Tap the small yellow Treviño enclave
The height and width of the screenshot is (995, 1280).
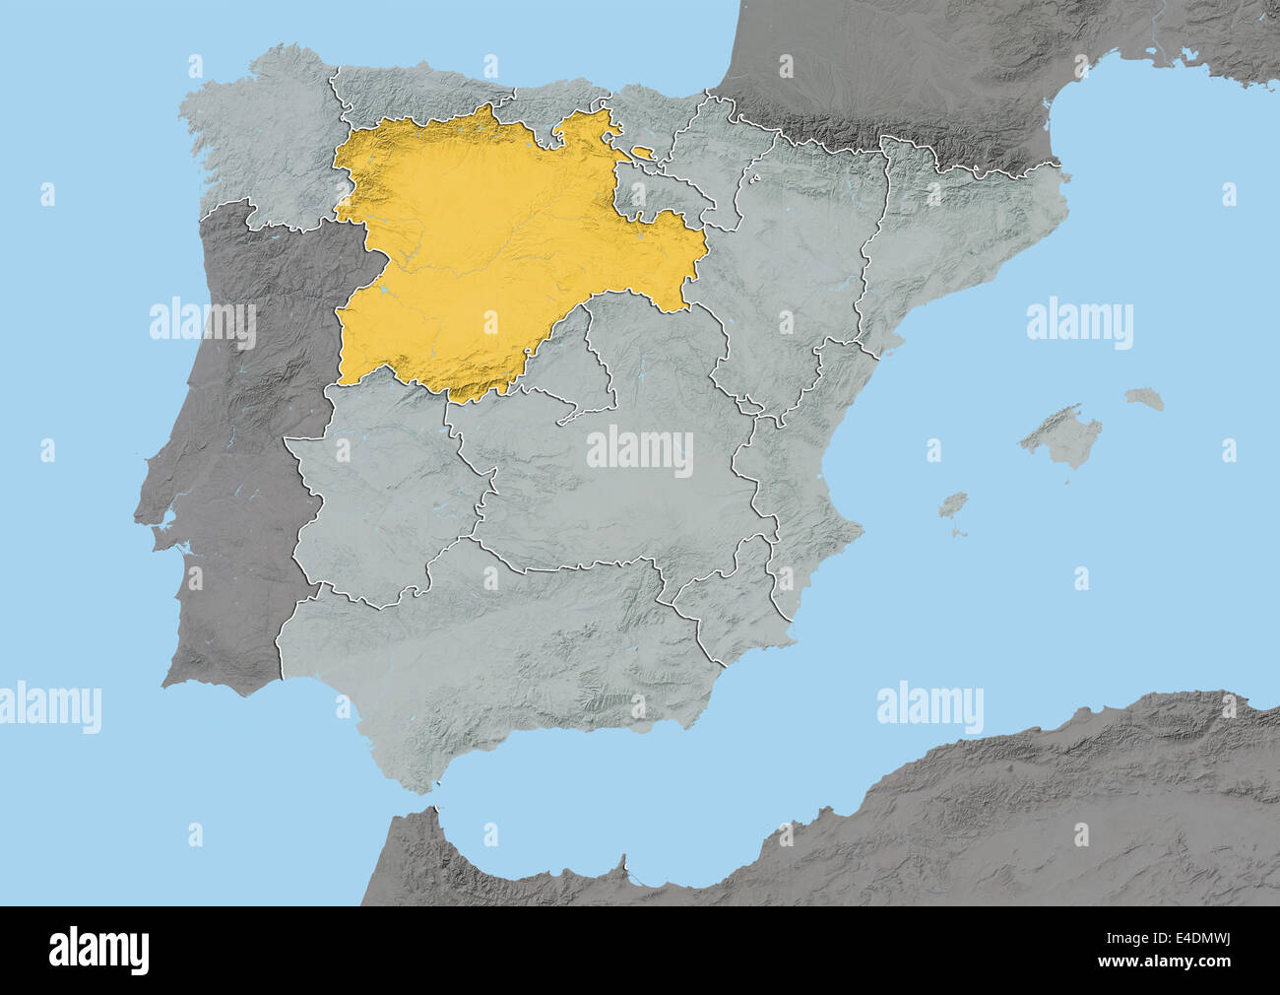tap(643, 152)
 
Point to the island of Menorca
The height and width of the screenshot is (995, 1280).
tap(1145, 399)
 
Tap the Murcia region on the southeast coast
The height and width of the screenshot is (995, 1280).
tap(729, 601)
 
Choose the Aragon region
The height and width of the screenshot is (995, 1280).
tap(798, 266)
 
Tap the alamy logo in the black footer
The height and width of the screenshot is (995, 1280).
tap(98, 950)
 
